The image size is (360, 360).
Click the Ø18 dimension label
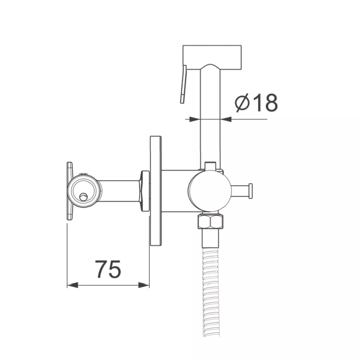(256, 103)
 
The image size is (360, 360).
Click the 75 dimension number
(108, 269)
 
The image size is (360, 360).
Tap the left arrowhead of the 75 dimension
(72, 285)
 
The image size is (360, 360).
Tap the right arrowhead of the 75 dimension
(144, 285)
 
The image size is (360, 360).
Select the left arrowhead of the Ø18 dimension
(195, 119)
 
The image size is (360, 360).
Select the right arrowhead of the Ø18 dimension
(226, 119)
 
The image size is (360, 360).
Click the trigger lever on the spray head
(183, 84)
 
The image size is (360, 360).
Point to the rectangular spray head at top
(212, 57)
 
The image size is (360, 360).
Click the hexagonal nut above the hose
(211, 221)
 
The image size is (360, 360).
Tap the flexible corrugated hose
(211, 292)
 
